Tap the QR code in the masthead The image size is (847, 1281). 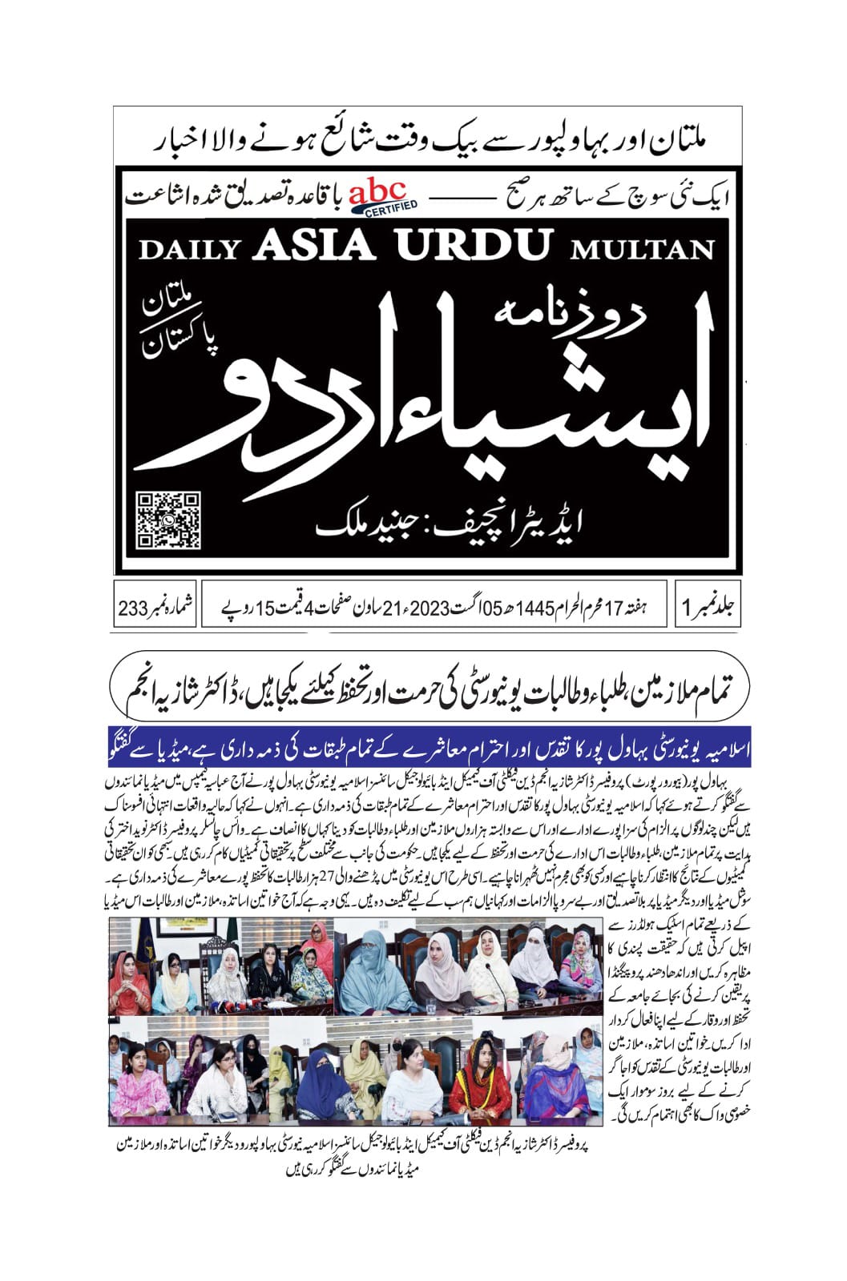click(167, 520)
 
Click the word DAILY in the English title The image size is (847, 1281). click(190, 249)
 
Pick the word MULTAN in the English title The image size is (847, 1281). click(641, 249)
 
